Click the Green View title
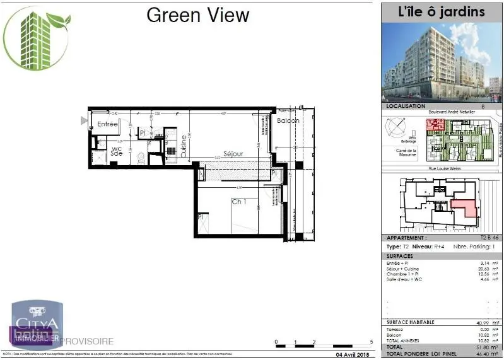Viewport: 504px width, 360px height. tap(197, 15)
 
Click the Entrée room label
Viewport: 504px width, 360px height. tap(107, 124)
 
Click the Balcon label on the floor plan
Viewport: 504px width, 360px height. tap(288, 120)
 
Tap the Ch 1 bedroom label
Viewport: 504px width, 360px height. tap(238, 202)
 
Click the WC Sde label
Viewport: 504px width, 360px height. tap(116, 151)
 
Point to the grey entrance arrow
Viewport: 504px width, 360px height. tap(83, 120)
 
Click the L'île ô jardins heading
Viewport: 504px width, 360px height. tap(442, 12)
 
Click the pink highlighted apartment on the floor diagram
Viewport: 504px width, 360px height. tap(465, 208)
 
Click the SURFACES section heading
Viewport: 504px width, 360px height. tap(400, 257)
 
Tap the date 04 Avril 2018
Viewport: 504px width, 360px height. tap(349, 354)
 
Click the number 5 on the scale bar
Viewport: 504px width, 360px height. tap(372, 342)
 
